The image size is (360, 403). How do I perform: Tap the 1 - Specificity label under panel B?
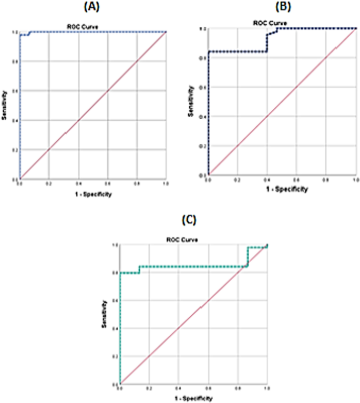pyautogui.click(x=282, y=188)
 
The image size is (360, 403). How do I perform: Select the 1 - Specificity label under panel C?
pyautogui.click(x=193, y=399)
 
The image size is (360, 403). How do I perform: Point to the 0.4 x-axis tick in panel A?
pyautogui.click(x=78, y=184)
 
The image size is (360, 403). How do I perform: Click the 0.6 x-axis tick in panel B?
pyautogui.click(x=297, y=179)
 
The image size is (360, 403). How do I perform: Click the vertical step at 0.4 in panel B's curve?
pyautogui.click(x=267, y=43)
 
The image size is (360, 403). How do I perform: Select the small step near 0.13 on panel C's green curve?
pyautogui.click(x=139, y=270)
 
